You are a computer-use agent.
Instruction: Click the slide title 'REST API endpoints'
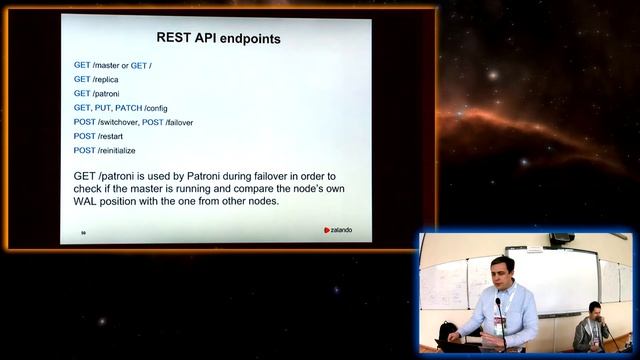218,39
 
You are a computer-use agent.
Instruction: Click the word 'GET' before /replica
82,79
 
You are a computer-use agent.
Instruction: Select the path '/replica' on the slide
108,79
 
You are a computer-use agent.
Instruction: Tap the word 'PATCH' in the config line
129,108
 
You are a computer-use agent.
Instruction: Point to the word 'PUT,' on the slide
105,108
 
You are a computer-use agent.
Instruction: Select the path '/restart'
110,136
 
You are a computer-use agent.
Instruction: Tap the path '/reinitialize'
117,150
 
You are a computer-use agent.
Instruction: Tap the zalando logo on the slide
337,230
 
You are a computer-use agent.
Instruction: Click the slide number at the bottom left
83,232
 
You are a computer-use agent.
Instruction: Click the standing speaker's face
503,271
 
